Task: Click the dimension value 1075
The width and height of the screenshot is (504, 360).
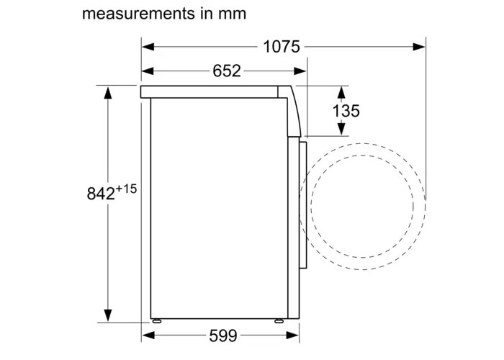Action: point(281,48)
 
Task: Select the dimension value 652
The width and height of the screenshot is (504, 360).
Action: point(227,71)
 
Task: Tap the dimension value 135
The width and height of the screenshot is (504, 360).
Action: point(346,111)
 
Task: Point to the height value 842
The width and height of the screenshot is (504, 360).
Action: point(99,194)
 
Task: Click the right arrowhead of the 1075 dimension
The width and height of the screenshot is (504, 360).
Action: point(419,48)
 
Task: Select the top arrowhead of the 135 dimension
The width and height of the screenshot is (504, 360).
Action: point(342,91)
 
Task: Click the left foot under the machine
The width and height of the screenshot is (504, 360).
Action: point(156,319)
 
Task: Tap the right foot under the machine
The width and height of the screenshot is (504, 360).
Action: point(277,319)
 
